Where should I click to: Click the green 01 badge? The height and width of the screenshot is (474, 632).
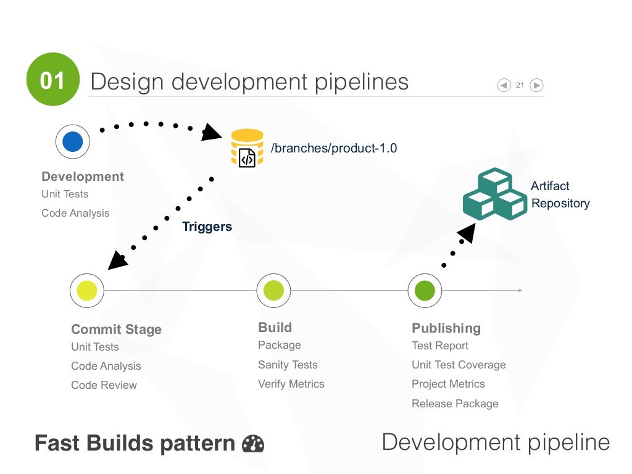(53, 80)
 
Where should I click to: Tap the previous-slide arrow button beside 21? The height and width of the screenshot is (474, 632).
(504, 85)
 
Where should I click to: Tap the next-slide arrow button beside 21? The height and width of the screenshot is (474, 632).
(536, 85)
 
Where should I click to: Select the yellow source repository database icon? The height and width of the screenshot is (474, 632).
(247, 148)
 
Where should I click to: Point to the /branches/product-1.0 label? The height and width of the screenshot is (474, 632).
(334, 148)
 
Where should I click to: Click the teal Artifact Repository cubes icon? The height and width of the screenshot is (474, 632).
(494, 194)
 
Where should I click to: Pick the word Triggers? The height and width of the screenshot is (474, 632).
(207, 227)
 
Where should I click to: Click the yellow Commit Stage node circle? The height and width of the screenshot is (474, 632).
(87, 290)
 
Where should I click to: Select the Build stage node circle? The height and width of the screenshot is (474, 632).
(273, 290)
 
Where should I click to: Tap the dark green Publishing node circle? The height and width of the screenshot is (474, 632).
(425, 290)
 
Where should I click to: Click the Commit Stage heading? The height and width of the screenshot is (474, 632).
(116, 329)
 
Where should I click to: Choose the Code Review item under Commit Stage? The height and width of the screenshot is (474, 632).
(104, 385)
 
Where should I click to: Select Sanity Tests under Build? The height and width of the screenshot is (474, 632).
(288, 365)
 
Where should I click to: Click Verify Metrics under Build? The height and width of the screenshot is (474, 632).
(291, 384)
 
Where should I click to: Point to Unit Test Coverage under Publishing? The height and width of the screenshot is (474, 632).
(459, 365)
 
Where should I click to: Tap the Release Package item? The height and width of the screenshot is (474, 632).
(455, 404)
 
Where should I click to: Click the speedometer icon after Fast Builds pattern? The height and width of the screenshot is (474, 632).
(253, 444)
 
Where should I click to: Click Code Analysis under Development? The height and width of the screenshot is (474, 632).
(75, 213)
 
